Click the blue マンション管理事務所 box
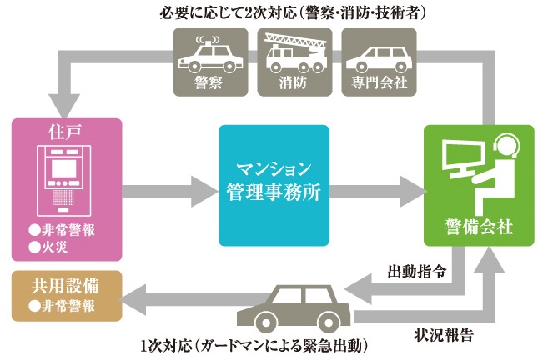coord(272,184)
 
